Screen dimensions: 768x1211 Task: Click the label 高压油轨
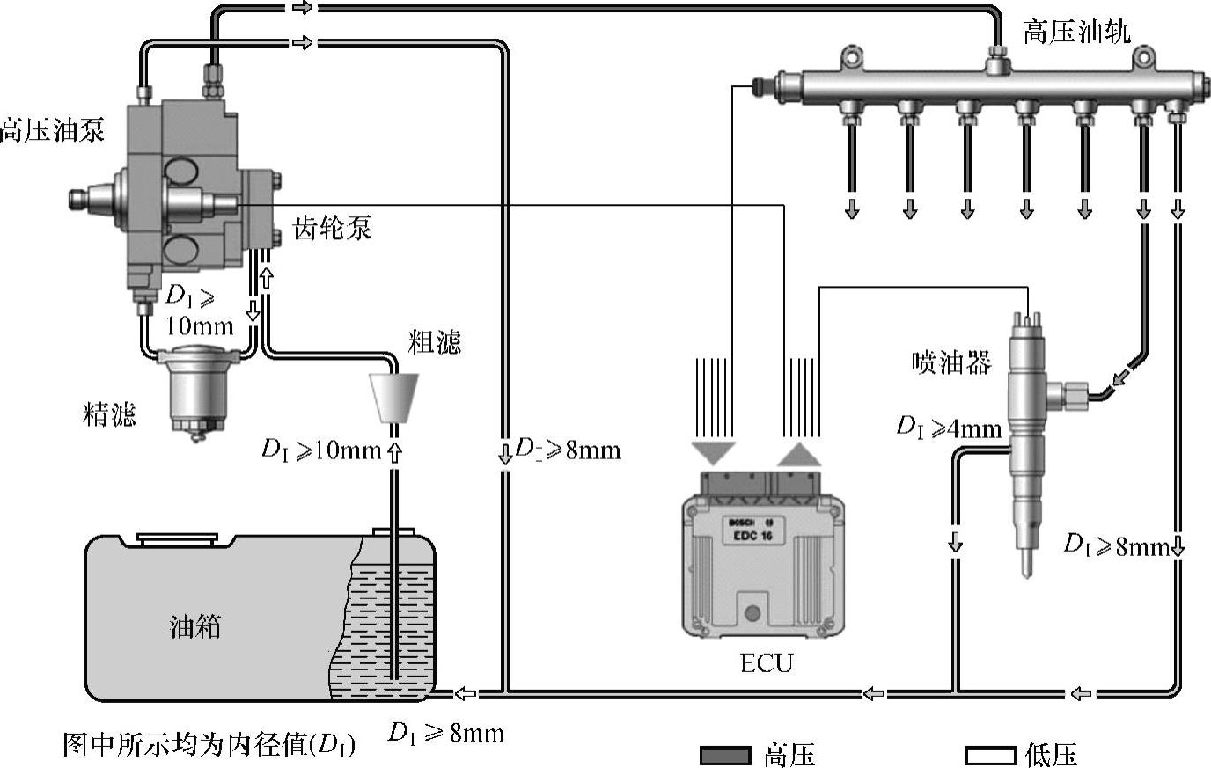click(1075, 33)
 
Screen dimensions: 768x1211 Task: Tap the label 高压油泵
click(52, 130)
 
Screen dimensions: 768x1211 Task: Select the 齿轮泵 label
click(332, 229)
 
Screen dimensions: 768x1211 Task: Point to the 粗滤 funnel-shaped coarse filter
click(393, 398)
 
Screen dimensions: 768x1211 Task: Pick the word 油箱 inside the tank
click(194, 626)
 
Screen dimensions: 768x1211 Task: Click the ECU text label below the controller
click(766, 662)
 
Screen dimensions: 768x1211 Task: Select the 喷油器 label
click(951, 362)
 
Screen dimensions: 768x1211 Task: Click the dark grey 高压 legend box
click(725, 755)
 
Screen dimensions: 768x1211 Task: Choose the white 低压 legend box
click(991, 755)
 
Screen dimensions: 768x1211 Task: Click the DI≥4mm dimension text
click(949, 428)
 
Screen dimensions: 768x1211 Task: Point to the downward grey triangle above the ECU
click(712, 453)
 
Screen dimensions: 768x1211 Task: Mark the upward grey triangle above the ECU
click(800, 453)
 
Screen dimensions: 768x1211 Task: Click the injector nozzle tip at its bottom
click(1027, 567)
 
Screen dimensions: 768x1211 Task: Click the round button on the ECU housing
click(752, 613)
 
